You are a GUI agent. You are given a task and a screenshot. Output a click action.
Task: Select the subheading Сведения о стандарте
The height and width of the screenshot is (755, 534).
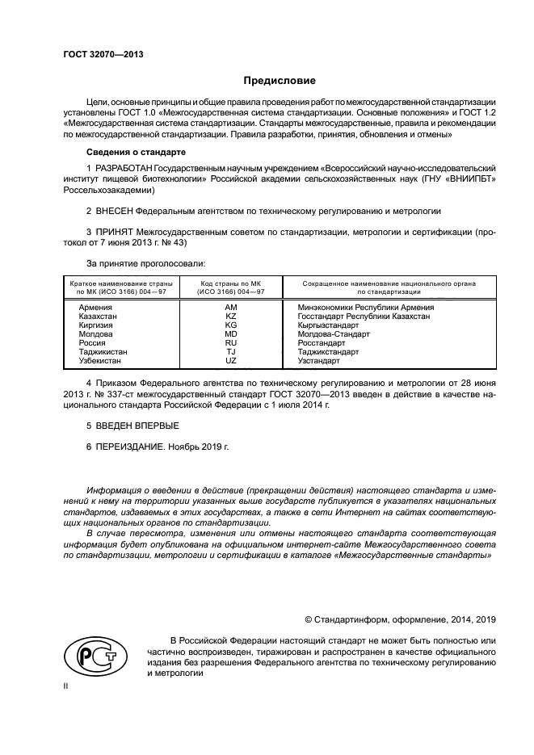[136, 151]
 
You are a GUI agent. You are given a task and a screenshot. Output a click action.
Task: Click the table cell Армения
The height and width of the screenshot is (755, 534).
[95, 308]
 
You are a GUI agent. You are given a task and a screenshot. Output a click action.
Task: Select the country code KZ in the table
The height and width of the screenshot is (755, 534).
[230, 317]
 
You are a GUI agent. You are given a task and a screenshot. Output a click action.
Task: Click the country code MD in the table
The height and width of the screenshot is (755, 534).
[230, 334]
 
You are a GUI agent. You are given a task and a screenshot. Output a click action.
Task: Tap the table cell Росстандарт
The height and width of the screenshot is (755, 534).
[321, 343]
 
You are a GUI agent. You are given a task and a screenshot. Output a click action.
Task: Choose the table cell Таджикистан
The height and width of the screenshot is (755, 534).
[103, 352]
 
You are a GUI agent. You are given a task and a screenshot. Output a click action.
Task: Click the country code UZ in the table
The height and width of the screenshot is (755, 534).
[230, 361]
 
